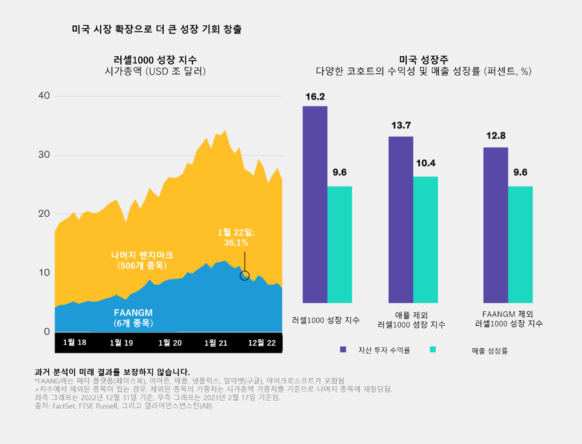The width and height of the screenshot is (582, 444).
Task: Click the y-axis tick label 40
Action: [x=44, y=95]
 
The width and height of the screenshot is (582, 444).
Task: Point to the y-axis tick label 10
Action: [x=44, y=272]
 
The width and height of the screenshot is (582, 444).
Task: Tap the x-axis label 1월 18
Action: [x=75, y=342]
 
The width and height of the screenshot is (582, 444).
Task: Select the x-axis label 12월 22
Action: [x=262, y=343]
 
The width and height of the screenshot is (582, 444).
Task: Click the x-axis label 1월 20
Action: [x=170, y=343]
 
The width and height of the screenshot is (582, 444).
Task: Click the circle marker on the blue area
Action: [x=245, y=275]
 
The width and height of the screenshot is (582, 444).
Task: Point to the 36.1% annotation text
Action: [x=236, y=242]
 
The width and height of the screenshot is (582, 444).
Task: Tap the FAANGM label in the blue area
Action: [x=133, y=313]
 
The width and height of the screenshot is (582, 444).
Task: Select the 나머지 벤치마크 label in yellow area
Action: [x=142, y=255]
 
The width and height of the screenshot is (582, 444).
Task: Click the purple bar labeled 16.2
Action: [x=315, y=205]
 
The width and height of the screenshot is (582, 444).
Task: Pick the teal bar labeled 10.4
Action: [x=425, y=240]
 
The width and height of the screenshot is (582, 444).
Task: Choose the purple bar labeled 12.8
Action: [x=495, y=225]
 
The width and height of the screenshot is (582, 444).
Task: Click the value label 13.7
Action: [x=401, y=125]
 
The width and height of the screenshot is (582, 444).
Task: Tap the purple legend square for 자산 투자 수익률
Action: [x=343, y=349]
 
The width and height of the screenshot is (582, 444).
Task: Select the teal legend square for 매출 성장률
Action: [x=433, y=349]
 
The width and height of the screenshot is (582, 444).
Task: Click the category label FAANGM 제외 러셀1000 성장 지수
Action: [x=508, y=319]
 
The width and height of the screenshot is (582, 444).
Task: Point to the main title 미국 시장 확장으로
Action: [x=156, y=29]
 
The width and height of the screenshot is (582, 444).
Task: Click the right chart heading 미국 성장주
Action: [x=423, y=60]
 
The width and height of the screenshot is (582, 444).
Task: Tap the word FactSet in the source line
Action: [x=63, y=406]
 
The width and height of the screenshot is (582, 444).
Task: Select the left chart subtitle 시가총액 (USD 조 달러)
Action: [x=155, y=71]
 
